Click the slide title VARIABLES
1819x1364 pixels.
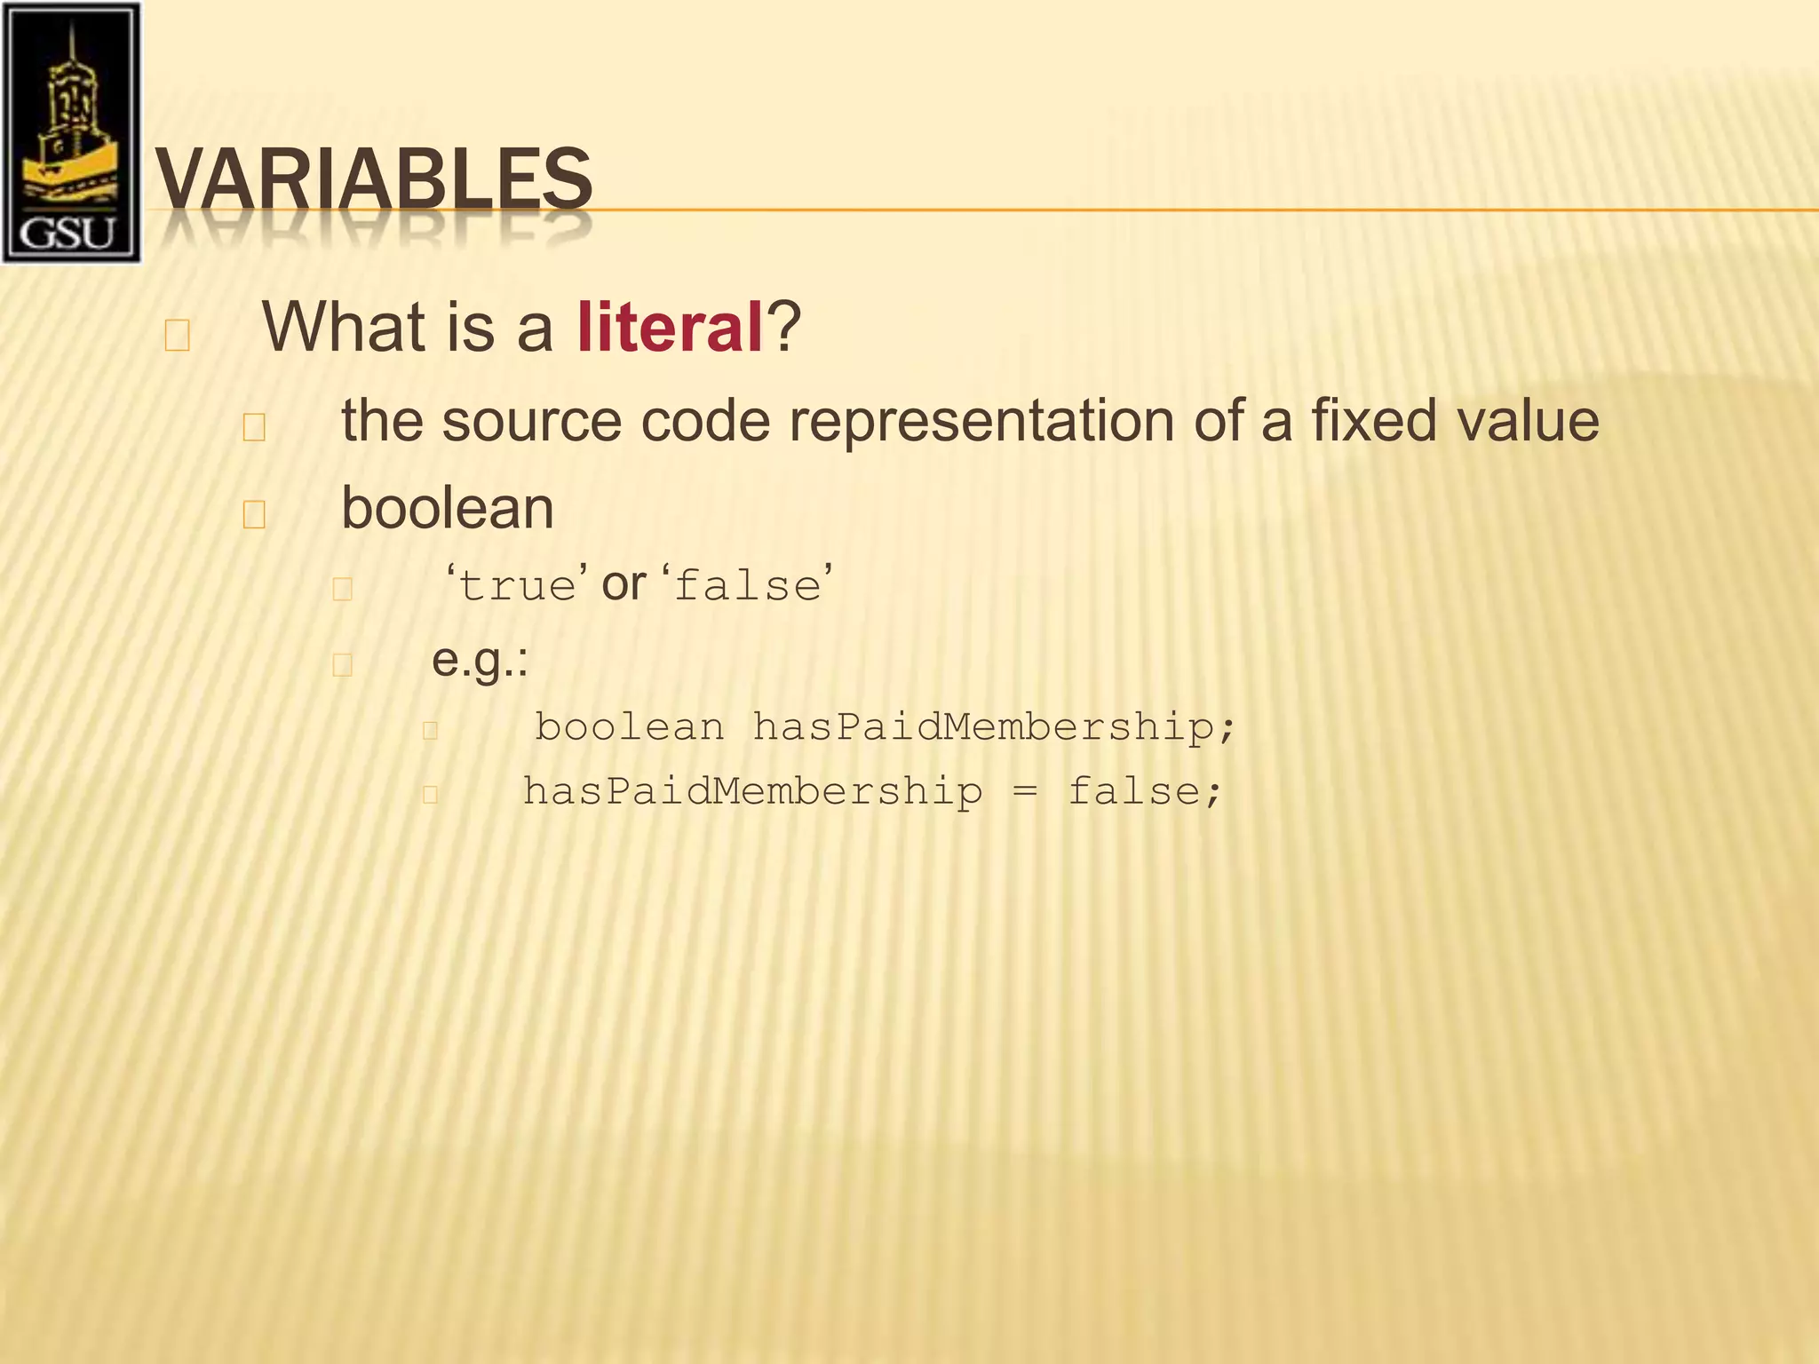click(373, 179)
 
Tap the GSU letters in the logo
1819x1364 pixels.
click(68, 233)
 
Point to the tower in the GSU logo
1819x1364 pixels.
click(70, 107)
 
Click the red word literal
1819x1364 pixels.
click(670, 328)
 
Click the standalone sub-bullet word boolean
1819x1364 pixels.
click(448, 509)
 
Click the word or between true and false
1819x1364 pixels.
click(624, 584)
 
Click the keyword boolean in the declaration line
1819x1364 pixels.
click(629, 727)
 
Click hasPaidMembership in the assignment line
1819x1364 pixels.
click(752, 791)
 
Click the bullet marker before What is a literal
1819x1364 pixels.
click(177, 336)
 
